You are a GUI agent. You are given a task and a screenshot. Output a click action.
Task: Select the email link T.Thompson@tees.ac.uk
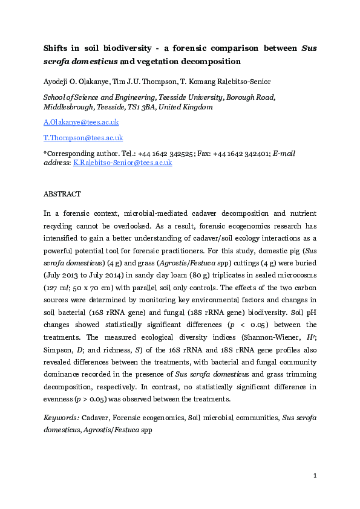point(83,138)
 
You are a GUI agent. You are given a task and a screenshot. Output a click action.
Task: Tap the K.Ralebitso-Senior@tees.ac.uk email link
point(122,163)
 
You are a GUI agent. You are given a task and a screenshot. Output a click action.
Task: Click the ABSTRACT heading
point(62,194)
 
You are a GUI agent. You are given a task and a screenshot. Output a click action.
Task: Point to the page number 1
point(315,476)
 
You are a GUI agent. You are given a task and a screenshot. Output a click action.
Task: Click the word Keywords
point(61,418)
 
